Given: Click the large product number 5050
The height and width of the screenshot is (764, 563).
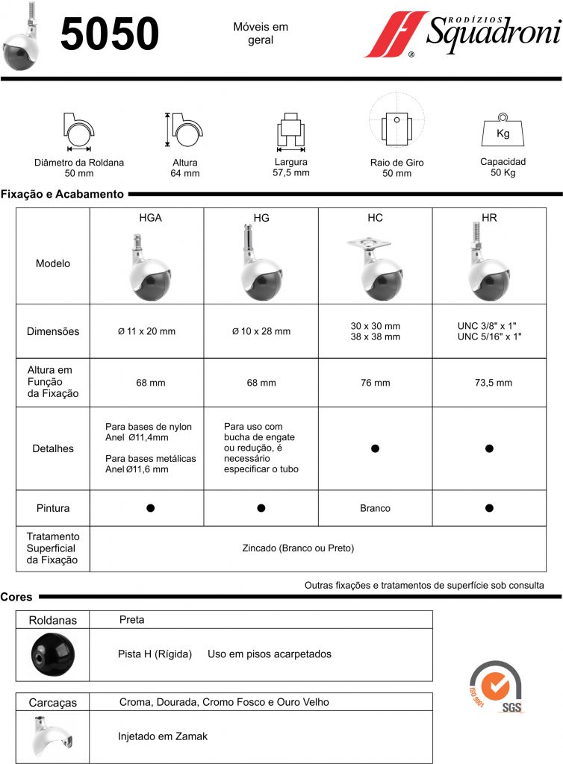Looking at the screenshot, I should (110, 34).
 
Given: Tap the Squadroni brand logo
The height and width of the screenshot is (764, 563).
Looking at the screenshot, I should (463, 34).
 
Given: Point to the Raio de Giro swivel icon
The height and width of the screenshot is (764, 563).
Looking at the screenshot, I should (396, 125).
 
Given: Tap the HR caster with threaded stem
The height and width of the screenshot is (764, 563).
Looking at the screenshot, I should (489, 265).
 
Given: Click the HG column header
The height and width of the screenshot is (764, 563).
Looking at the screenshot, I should (261, 218).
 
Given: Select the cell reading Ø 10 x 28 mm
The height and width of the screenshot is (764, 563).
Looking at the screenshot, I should (261, 331).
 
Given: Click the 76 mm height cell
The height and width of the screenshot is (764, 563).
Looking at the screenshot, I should (375, 383).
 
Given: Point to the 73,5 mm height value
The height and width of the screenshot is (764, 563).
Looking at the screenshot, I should (489, 383).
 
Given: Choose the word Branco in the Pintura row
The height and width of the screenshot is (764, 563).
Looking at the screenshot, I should (375, 508).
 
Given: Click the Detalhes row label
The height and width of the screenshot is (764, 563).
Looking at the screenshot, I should (53, 448).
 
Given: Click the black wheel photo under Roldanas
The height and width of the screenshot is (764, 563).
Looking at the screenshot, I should (52, 654).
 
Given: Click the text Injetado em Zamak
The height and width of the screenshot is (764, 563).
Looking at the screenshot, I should (163, 736).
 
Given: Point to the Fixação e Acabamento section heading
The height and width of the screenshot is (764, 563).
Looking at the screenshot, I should (62, 194).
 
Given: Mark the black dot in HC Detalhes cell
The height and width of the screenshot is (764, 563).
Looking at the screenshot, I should (375, 448).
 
